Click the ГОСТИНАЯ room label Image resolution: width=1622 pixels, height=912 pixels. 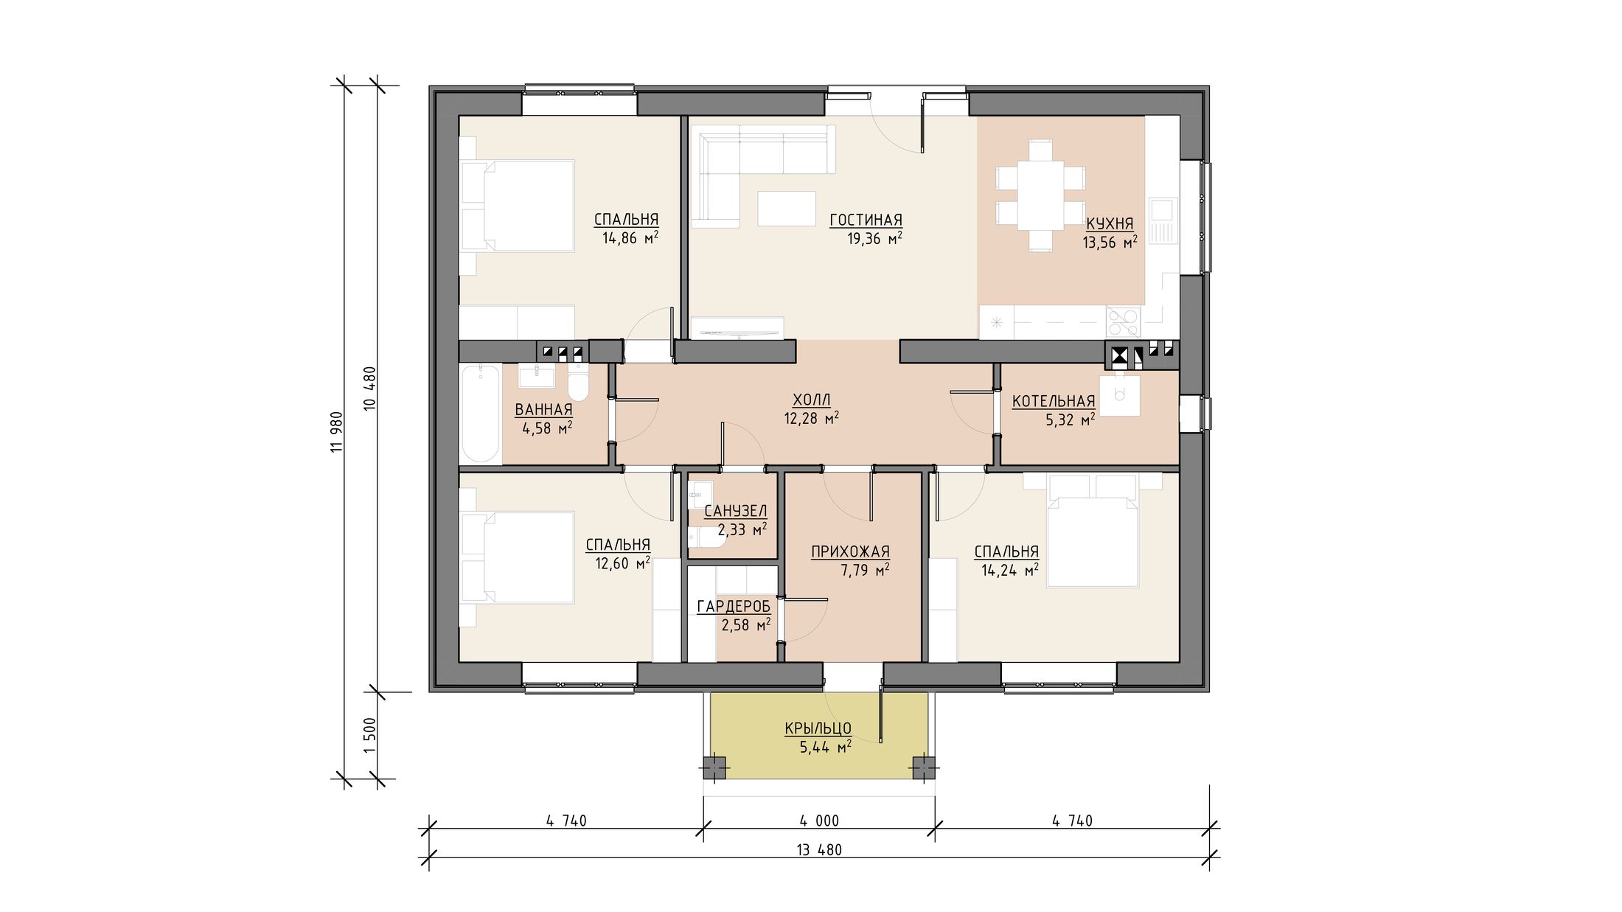(866, 220)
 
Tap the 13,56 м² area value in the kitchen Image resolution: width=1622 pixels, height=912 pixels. (1110, 243)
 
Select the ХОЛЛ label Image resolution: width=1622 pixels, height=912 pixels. (811, 400)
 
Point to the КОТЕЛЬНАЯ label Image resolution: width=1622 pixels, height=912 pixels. (1054, 401)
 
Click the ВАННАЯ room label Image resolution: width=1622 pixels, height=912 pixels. (543, 410)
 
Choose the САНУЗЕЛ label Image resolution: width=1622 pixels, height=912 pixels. (735, 511)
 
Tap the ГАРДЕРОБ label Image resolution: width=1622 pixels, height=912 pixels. (734, 606)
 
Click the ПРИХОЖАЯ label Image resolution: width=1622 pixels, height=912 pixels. (850, 551)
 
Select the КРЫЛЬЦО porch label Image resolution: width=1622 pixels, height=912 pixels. (818, 728)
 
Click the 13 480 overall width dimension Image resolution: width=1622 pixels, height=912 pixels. (819, 849)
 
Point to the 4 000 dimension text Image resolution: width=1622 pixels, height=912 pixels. (819, 821)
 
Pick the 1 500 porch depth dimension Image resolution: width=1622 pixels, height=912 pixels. (370, 735)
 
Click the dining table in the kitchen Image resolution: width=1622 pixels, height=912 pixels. (1040, 195)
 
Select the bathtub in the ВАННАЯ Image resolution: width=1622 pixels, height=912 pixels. (480, 413)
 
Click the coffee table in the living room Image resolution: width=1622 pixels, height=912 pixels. (787, 208)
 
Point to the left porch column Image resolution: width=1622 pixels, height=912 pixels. (713, 768)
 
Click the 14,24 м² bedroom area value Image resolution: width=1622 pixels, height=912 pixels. (1010, 570)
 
